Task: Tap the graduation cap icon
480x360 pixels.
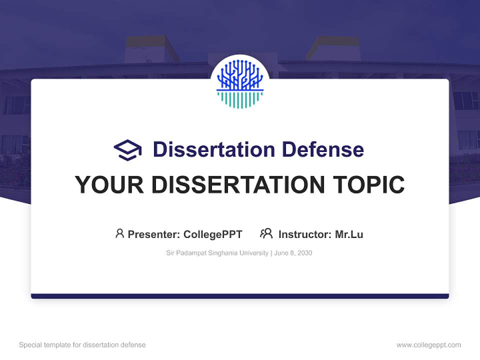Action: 127,149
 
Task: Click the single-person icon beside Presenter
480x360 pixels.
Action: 119,233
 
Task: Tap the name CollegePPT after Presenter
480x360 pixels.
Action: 213,234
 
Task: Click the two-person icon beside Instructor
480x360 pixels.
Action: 266,233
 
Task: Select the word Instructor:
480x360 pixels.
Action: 304,234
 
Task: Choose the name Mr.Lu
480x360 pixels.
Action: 349,234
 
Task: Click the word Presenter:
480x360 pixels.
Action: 154,234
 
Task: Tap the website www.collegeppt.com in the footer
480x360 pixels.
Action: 428,345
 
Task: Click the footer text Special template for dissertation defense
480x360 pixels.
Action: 82,345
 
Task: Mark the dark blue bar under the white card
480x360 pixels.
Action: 240,296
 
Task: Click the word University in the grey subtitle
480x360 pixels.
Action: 254,253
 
